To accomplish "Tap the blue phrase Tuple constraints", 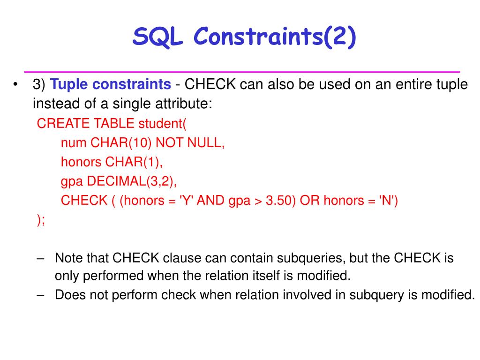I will [111, 84].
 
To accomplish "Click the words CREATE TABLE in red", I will [86, 123].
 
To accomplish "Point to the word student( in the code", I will [162, 123].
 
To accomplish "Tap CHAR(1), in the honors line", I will [134, 162].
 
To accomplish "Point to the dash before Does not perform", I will [40, 295].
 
